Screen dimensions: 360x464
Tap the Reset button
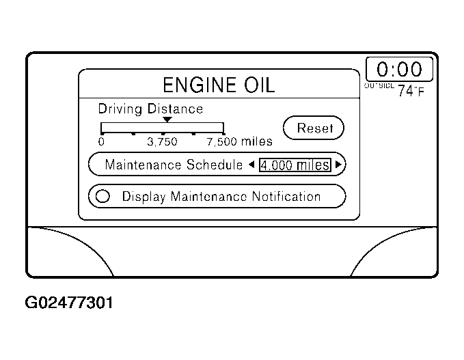tap(314, 128)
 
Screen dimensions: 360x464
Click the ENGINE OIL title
tap(218, 85)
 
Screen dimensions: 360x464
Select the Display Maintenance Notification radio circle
tap(103, 197)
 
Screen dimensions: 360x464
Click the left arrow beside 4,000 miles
tap(251, 165)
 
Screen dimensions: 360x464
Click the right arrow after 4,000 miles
tap(338, 165)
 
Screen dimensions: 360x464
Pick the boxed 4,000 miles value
tap(295, 165)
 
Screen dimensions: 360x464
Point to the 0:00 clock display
tap(399, 69)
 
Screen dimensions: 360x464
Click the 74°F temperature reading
tap(411, 91)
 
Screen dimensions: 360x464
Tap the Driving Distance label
tap(150, 109)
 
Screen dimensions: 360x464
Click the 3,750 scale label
tap(163, 142)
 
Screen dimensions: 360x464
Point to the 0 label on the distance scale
tap(101, 142)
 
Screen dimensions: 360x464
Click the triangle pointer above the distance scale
tap(167, 120)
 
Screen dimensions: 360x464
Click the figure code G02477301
tap(69, 302)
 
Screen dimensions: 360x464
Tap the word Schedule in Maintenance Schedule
tap(215, 165)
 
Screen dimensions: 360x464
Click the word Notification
tap(286, 197)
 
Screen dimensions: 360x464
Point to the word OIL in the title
tap(254, 85)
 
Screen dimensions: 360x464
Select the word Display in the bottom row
tap(144, 197)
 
